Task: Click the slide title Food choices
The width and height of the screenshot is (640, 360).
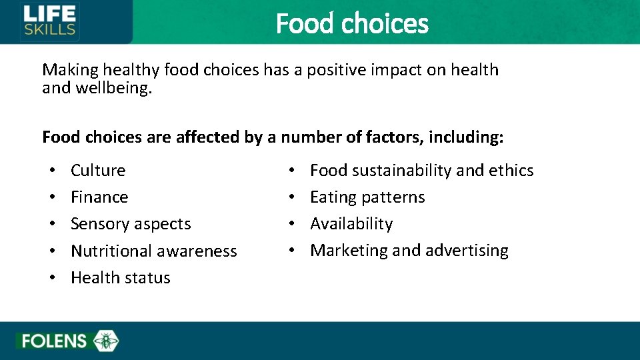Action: click(352, 23)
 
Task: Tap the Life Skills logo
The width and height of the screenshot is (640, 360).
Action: click(50, 21)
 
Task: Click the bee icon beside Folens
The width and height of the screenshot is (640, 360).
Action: click(105, 341)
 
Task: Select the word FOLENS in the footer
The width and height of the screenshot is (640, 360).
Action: click(54, 341)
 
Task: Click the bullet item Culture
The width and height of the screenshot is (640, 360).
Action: click(98, 171)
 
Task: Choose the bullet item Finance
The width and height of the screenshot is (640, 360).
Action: click(99, 197)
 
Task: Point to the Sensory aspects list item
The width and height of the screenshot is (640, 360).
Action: click(131, 224)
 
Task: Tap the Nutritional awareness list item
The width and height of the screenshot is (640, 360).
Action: click(153, 251)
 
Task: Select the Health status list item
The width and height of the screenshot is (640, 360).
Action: click(121, 278)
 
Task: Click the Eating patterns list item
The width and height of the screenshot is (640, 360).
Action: click(367, 197)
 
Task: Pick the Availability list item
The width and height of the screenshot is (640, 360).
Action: click(351, 224)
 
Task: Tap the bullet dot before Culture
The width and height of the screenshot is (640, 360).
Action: click(52, 171)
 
